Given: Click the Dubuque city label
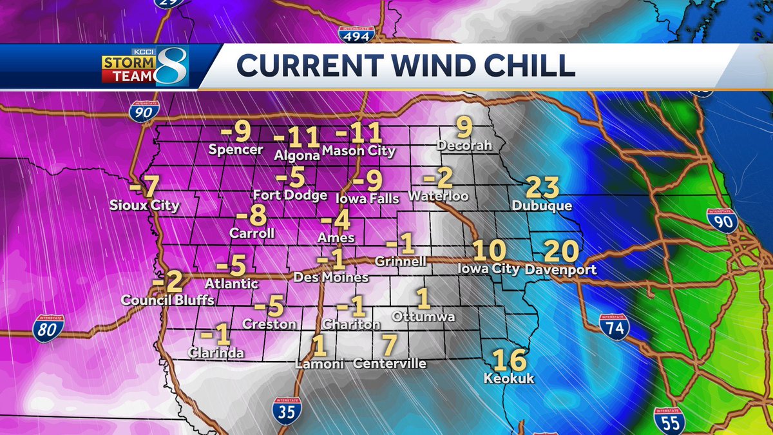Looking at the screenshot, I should point(541,206).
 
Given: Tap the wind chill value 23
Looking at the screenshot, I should point(542,188).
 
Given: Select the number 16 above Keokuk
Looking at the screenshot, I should point(509,362).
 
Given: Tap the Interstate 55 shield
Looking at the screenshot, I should point(669,420).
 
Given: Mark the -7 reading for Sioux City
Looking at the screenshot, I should point(144,188).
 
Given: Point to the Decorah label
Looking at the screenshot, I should point(464,146).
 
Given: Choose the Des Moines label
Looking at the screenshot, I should point(330,277).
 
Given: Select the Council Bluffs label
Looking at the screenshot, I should point(167,300).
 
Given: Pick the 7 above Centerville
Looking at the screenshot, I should point(389,345).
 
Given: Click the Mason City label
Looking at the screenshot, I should point(358,152).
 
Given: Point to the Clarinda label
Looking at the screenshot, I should point(216,353).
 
